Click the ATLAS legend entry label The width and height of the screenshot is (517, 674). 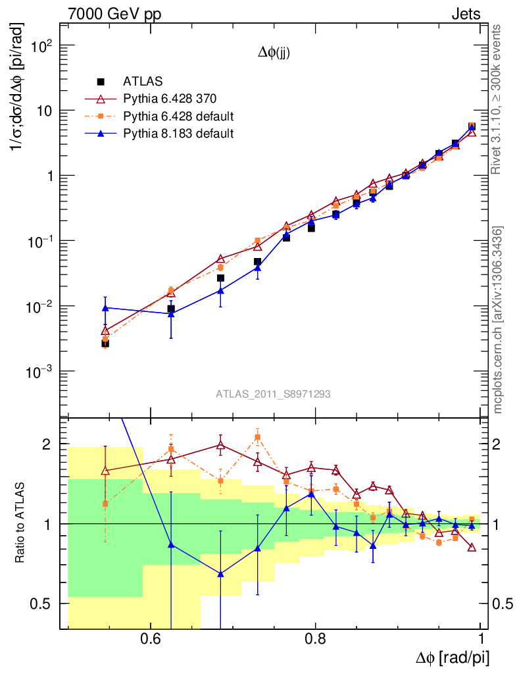[138, 82]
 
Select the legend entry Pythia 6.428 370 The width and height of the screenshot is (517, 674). [170, 99]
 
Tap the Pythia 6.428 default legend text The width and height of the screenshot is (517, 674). [178, 117]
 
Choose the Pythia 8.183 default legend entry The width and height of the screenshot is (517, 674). [178, 134]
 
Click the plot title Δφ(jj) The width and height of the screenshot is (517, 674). [274, 54]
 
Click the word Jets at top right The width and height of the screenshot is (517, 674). [466, 14]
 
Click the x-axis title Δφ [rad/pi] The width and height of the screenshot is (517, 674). [453, 658]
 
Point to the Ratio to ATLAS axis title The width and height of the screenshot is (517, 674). [20, 523]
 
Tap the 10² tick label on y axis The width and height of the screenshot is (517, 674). [41, 45]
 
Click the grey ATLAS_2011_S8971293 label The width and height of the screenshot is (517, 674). [273, 394]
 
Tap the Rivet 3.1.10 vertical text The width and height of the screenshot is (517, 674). [498, 99]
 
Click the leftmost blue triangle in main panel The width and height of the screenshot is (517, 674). [105, 307]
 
